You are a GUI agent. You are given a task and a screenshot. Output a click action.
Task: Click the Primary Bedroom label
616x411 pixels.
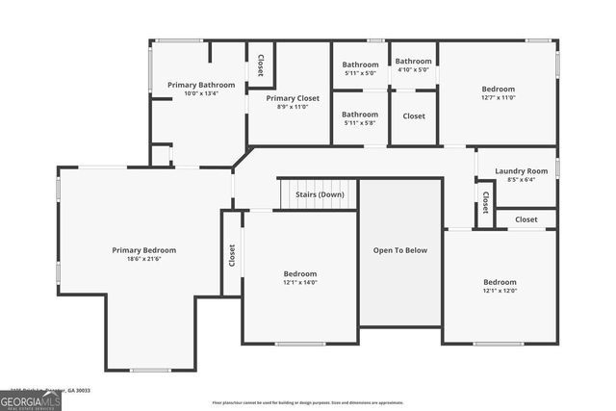click(x=143, y=250)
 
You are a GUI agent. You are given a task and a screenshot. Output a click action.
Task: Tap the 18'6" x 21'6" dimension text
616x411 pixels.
click(x=143, y=260)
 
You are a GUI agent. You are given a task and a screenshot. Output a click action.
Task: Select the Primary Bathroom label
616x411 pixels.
click(x=200, y=85)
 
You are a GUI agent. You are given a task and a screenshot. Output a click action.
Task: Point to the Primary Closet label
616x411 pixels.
click(x=293, y=98)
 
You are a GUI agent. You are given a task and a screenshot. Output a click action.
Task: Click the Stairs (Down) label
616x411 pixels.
click(x=320, y=194)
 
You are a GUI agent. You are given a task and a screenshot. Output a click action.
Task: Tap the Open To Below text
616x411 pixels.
click(x=400, y=250)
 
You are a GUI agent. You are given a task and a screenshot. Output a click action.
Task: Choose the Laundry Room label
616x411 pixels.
click(x=521, y=170)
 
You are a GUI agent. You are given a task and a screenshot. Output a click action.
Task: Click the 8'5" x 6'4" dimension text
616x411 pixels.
click(x=521, y=179)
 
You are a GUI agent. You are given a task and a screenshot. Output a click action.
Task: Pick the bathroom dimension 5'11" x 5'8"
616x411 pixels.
click(x=360, y=122)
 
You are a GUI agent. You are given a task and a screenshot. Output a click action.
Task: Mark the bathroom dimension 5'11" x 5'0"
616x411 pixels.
click(x=360, y=73)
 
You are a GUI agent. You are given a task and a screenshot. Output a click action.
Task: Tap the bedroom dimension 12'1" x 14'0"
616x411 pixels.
click(x=300, y=282)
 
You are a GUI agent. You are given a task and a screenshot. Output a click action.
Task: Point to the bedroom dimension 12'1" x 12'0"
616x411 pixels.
click(x=500, y=291)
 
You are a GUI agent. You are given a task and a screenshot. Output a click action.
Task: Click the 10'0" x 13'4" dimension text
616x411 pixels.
click(x=200, y=93)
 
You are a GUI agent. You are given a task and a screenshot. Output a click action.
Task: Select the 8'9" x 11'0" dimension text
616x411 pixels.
click(x=293, y=107)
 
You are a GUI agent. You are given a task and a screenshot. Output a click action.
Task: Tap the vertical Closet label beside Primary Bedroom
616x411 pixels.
click(x=232, y=254)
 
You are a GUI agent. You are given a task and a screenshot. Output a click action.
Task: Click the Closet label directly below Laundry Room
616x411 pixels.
click(x=526, y=219)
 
